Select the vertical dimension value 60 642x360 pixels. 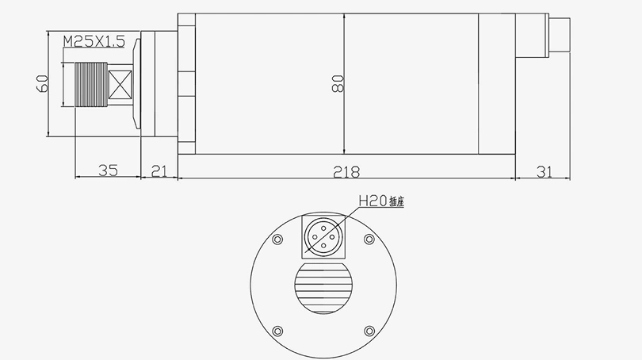point(42,83)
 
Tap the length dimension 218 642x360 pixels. point(346,170)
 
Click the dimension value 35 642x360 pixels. point(107,170)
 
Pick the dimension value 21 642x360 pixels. point(159,170)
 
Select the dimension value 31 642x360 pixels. point(544,170)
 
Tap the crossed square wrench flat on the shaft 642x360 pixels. point(121,84)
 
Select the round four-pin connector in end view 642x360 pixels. point(323,237)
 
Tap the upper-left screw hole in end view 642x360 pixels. point(277,239)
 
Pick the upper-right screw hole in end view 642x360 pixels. point(369,239)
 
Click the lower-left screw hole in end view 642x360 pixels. point(277,331)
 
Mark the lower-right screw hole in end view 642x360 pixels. point(369,331)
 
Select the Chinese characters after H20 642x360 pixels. point(396,203)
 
